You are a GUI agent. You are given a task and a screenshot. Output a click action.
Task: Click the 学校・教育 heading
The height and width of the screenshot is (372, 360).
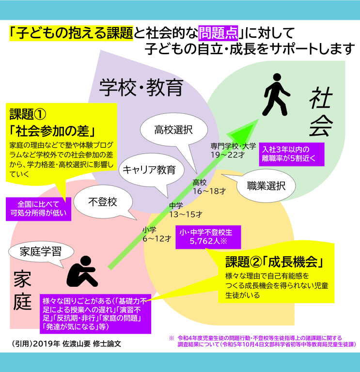141,87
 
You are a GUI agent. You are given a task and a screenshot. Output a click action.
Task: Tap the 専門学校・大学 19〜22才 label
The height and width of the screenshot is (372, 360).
233,150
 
